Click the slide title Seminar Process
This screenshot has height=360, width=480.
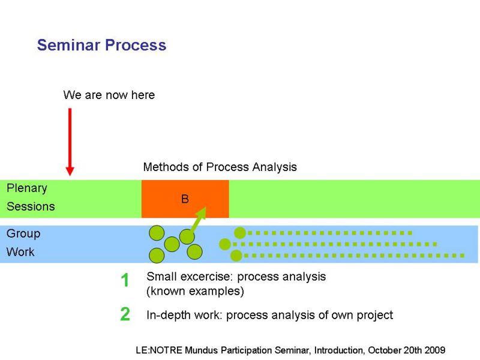pos(101,45)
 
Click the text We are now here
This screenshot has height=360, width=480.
pos(109,95)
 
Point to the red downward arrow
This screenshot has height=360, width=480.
pos(70,142)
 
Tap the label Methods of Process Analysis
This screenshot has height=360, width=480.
pos(220,167)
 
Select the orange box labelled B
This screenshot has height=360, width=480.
pos(185,199)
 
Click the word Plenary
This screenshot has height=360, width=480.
pos(27,188)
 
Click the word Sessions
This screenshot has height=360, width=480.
pos(31,206)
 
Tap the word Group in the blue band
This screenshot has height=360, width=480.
pos(23,234)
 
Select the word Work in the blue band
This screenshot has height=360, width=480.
pos(20,252)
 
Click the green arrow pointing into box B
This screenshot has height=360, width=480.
pos(198,219)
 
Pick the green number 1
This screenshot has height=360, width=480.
pos(125,280)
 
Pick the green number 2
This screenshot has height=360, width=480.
pos(125,314)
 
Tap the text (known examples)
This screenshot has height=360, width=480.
pos(196,291)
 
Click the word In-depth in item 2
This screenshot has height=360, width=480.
pos(164,315)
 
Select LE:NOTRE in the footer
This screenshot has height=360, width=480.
pos(159,350)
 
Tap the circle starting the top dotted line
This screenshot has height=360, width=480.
pos(240,233)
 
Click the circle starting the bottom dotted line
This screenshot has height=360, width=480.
pos(236,256)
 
